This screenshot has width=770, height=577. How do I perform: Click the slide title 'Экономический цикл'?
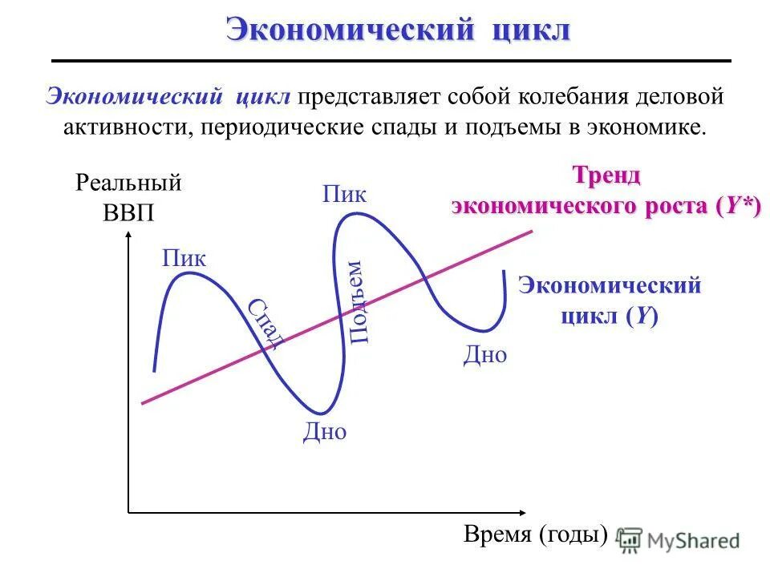coord(398,30)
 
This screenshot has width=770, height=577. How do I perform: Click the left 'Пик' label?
coord(184,258)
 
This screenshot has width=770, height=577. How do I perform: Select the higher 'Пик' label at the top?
coord(345,194)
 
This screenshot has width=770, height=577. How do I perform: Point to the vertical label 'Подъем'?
coord(357,302)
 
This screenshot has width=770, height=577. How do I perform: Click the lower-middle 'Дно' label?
coord(325,432)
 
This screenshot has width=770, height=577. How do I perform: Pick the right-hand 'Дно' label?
coord(485,355)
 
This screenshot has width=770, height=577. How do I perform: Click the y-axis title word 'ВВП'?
coord(128,213)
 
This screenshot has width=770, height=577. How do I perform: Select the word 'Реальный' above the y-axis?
coord(128,183)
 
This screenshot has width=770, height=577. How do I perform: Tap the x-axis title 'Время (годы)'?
coord(536,535)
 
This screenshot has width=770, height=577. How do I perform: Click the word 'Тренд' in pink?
coord(606,175)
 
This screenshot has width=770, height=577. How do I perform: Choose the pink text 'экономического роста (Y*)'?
coord(606,205)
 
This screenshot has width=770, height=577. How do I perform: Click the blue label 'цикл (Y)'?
coord(610,315)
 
